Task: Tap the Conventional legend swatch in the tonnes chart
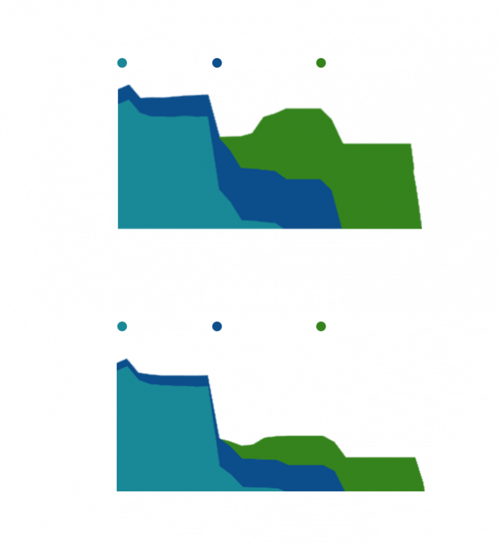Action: point(122,63)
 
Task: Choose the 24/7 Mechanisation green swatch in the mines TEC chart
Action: point(321,327)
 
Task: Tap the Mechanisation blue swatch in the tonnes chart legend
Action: point(217,63)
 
